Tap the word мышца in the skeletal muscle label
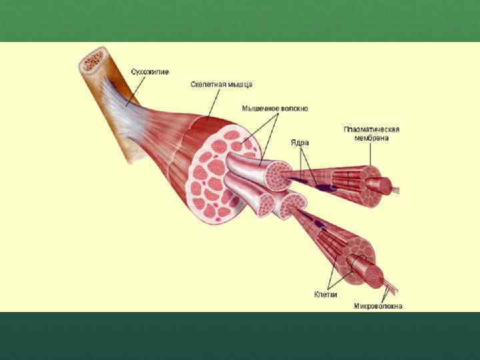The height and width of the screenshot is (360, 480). (x=241, y=85)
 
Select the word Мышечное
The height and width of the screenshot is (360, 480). (x=259, y=108)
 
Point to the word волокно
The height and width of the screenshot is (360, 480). (x=293, y=108)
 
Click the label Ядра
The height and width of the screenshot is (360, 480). (x=299, y=142)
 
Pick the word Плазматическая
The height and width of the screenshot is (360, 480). (x=371, y=129)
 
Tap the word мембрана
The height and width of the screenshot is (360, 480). (x=371, y=138)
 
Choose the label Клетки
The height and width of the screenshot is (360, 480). (x=325, y=294)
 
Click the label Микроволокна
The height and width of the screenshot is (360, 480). (x=378, y=307)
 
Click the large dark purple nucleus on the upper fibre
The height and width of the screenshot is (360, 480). (x=327, y=188)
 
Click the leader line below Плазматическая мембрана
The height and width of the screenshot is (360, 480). (x=371, y=154)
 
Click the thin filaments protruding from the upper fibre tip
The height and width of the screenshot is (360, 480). (x=395, y=189)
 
